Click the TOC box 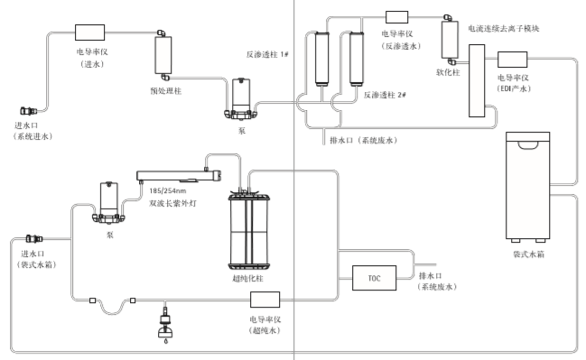click(374, 278)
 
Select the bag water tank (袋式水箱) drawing click(527, 187)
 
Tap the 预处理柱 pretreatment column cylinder click(163, 55)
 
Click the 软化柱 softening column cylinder click(450, 40)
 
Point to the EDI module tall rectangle click(477, 80)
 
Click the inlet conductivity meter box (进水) click(89, 32)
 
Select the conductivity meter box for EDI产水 click(512, 60)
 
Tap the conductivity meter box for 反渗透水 click(397, 17)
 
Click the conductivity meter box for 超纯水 click(265, 300)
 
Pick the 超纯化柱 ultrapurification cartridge click(249, 230)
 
